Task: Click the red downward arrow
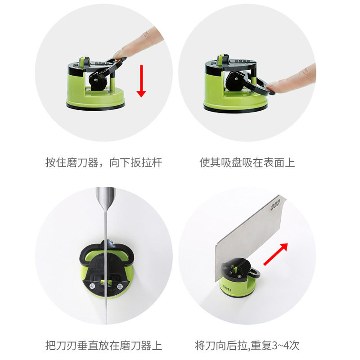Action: [x=141, y=81]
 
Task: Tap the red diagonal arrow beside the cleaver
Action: [x=275, y=254]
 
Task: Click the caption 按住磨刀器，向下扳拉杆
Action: [x=104, y=162]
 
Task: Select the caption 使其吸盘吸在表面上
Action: [x=247, y=162]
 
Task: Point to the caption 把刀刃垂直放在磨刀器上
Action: [x=104, y=346]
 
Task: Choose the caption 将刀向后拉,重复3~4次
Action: [x=247, y=346]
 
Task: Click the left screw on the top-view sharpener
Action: [x=92, y=286]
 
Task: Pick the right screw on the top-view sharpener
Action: [x=120, y=286]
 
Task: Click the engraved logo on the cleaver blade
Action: [x=275, y=205]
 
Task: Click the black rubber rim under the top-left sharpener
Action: [x=96, y=107]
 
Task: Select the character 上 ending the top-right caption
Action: [x=290, y=162]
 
